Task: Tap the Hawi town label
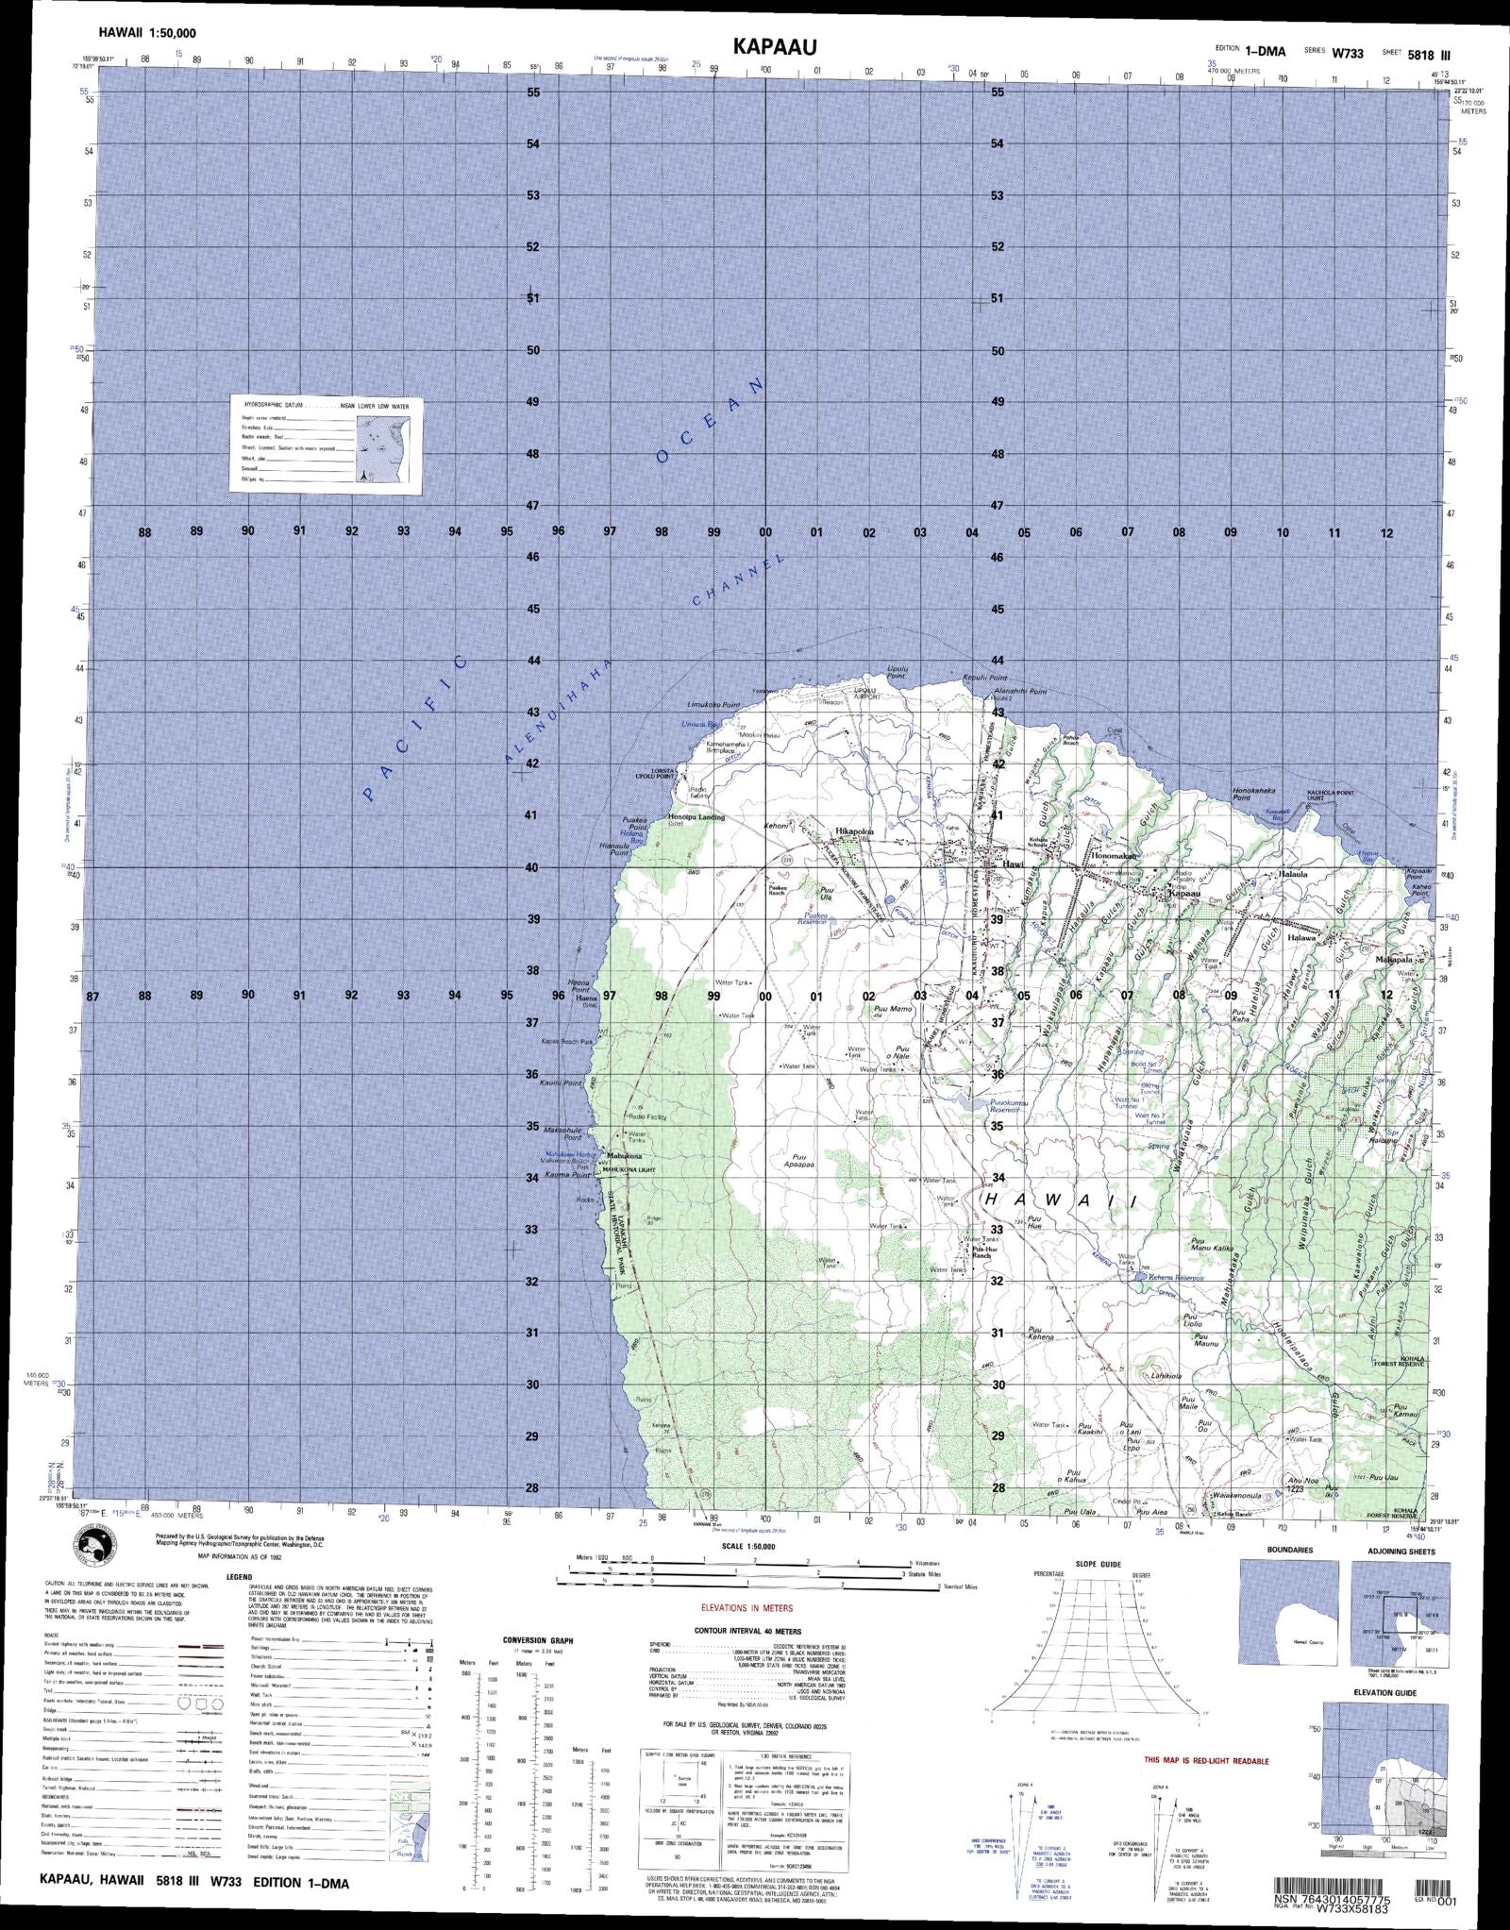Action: [x=1012, y=863]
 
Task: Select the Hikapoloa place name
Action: [x=854, y=831]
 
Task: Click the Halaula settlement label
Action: [x=1293, y=875]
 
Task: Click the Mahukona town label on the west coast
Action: [x=624, y=1155]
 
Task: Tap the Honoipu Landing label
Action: [x=696, y=817]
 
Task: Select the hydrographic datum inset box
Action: [x=326, y=445]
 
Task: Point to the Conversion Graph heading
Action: [x=537, y=1640]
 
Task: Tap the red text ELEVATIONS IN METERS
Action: [x=747, y=1608]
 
